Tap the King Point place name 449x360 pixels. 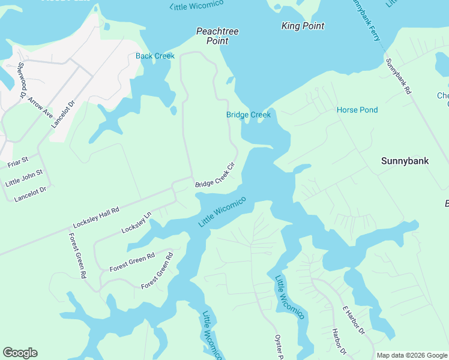(x=303, y=26)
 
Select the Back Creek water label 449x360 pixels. (x=155, y=56)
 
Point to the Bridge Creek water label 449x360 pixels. (x=249, y=115)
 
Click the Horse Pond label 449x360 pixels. (x=357, y=110)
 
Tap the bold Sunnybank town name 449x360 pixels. (x=405, y=161)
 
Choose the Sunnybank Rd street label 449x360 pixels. (x=398, y=77)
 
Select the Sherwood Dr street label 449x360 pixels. (x=22, y=80)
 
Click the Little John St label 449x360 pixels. (x=24, y=178)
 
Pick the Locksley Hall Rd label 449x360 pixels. (x=96, y=217)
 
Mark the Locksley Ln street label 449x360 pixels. (x=136, y=223)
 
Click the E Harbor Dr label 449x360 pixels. (x=354, y=320)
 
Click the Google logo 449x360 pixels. (x=20, y=353)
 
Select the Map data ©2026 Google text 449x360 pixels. (x=412, y=355)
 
